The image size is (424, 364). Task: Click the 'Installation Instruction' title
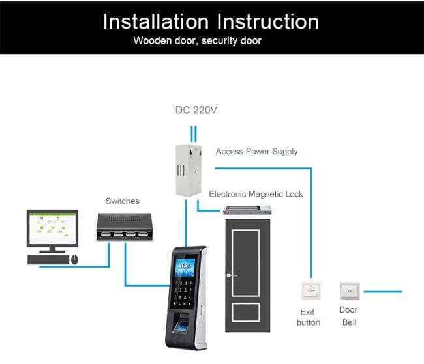click(x=211, y=21)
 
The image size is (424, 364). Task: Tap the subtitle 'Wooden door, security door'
click(x=197, y=41)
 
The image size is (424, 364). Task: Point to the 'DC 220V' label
click(x=196, y=110)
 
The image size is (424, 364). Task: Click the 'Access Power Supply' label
click(x=256, y=152)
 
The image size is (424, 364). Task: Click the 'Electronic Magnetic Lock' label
click(x=256, y=194)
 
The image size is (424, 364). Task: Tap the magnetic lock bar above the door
click(x=247, y=210)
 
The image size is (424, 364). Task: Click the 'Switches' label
click(x=123, y=201)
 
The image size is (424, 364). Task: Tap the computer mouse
click(x=74, y=259)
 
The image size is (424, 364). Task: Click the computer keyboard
click(x=48, y=259)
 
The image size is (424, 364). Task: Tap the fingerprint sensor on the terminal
click(x=183, y=324)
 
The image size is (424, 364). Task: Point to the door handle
click(x=231, y=275)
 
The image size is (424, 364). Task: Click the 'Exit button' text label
click(x=309, y=317)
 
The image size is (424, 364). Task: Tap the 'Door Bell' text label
click(x=348, y=316)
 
